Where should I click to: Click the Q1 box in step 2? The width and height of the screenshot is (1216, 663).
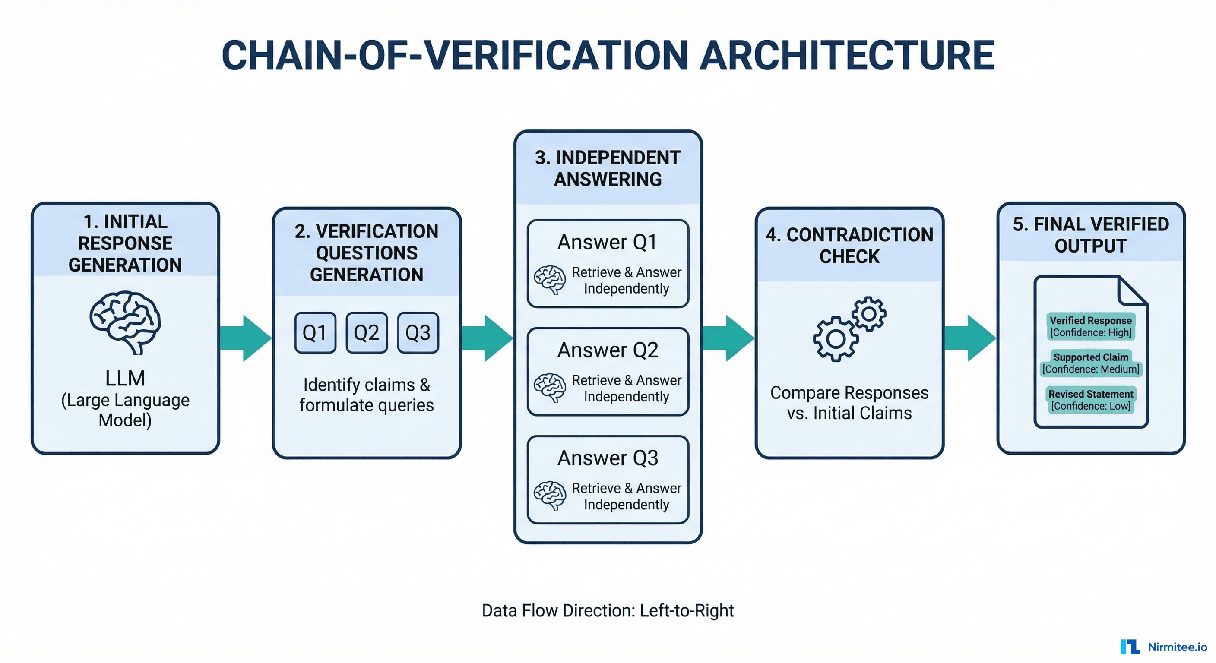[x=315, y=333]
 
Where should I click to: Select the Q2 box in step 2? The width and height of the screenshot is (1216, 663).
[x=366, y=333]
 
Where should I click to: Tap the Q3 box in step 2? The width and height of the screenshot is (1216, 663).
[x=418, y=333]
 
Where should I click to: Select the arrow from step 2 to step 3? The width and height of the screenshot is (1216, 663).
[x=487, y=338]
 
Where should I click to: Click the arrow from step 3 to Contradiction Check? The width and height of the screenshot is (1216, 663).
[x=728, y=338]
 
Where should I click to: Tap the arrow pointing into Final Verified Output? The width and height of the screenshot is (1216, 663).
[x=970, y=338]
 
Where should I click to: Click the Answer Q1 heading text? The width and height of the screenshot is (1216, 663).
[x=608, y=242]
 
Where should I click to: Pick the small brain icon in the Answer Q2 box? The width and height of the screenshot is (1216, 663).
[x=550, y=388]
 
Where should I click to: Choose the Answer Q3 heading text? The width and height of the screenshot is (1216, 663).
[x=608, y=458]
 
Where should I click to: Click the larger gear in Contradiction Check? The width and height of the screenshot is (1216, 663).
[x=836, y=339]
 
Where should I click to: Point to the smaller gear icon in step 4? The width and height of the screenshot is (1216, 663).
[x=869, y=314]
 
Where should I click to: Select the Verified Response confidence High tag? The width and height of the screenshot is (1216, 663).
[x=1090, y=326]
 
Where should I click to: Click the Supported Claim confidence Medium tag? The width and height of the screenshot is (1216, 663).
[x=1090, y=363]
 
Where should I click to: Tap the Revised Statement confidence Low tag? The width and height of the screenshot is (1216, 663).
[x=1090, y=400]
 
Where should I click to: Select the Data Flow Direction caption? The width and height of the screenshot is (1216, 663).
[x=608, y=610]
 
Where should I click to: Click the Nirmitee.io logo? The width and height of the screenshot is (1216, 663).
[x=1164, y=647]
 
